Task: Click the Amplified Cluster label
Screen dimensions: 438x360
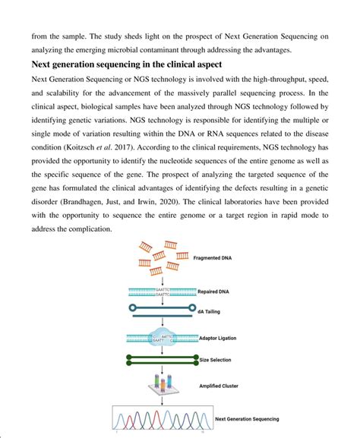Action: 219,387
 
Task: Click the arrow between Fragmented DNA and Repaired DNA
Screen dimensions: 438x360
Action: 159,279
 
